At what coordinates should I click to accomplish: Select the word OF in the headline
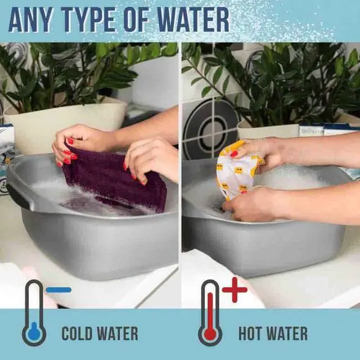[x=136, y=20]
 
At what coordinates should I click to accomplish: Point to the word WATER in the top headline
[x=193, y=20]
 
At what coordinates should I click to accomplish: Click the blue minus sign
[x=58, y=290]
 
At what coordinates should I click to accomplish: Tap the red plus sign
[x=235, y=290]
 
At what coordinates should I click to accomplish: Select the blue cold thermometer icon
[x=34, y=313]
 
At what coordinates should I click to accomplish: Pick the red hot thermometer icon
[x=210, y=313]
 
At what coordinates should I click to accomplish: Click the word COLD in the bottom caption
[x=76, y=334]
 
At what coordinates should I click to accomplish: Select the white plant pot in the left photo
[x=66, y=124]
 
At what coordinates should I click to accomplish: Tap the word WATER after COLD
[x=117, y=334]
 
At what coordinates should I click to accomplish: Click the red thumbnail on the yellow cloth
[x=234, y=154]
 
